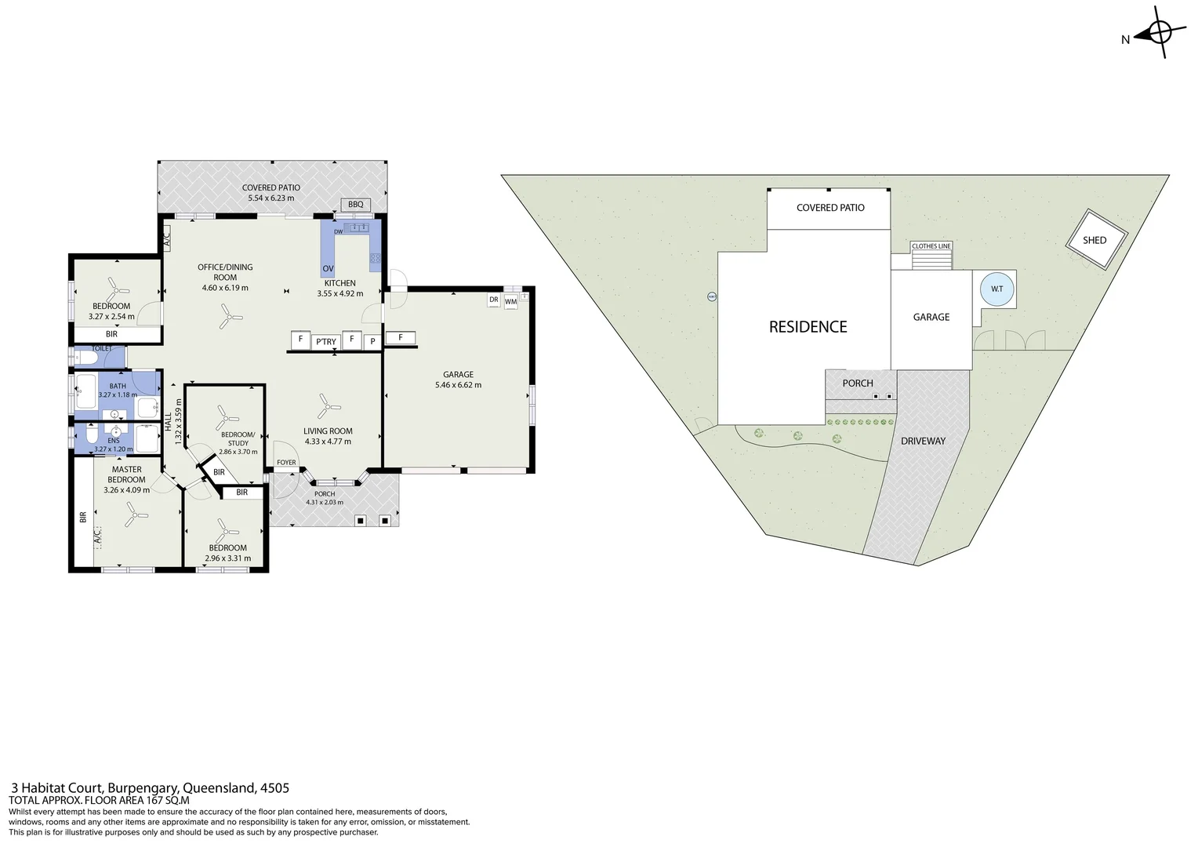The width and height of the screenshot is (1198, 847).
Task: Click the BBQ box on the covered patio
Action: pyautogui.click(x=356, y=204)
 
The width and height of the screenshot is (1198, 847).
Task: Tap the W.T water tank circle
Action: pyautogui.click(x=997, y=289)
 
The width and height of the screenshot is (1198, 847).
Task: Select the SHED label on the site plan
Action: pyautogui.click(x=1095, y=240)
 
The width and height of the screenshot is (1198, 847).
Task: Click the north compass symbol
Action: pyautogui.click(x=1160, y=33)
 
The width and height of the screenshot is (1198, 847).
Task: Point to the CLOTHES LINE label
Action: pyautogui.click(x=931, y=246)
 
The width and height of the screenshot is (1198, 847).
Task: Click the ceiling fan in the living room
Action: pyautogui.click(x=329, y=406)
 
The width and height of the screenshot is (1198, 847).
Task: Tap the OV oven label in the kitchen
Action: pyautogui.click(x=328, y=269)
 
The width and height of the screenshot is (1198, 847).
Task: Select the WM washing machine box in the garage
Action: pyautogui.click(x=511, y=301)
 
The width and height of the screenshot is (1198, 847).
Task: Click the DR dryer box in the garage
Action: pyautogui.click(x=494, y=300)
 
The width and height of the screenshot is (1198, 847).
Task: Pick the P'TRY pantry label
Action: pyautogui.click(x=325, y=341)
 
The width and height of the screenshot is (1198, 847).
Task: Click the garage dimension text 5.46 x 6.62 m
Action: pyautogui.click(x=458, y=385)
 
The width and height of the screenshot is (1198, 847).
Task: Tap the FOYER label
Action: pyautogui.click(x=286, y=463)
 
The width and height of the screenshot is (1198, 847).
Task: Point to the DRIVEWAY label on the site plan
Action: pyautogui.click(x=923, y=441)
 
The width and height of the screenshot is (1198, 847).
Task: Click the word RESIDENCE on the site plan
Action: pyautogui.click(x=808, y=327)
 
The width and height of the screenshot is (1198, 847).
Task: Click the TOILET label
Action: pyautogui.click(x=102, y=348)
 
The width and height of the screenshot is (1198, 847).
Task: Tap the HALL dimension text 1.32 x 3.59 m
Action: pyautogui.click(x=178, y=422)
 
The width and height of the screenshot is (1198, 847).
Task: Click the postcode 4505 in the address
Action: pyautogui.click(x=274, y=788)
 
